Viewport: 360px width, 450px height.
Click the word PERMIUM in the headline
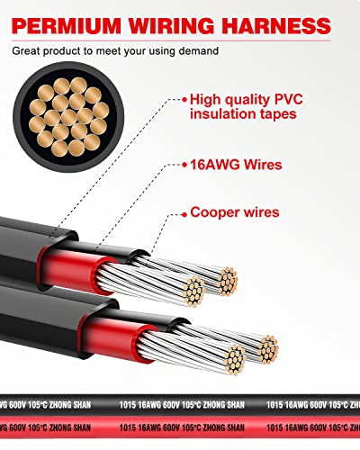(67, 25)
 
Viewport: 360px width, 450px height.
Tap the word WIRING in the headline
(172, 25)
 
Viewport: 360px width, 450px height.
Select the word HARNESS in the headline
(276, 25)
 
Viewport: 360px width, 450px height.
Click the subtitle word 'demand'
(198, 50)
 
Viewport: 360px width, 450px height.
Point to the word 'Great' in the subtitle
(26, 50)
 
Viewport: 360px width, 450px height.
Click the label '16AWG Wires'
(236, 165)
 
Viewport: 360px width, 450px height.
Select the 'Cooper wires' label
(235, 212)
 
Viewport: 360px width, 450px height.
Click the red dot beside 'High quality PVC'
(184, 99)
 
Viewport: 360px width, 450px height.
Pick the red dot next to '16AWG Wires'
(184, 165)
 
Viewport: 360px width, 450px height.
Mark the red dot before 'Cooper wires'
(184, 215)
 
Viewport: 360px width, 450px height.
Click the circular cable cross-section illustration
(68, 117)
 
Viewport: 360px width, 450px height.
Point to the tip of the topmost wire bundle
(228, 281)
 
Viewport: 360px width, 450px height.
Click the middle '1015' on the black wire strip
(128, 405)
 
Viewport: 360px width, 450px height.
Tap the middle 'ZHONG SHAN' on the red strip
(223, 427)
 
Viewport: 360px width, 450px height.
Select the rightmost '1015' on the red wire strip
(274, 427)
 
